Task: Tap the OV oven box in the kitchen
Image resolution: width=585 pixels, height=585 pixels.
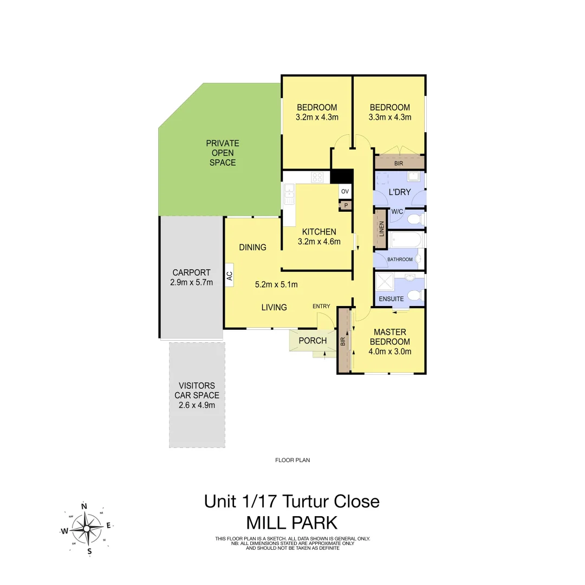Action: point(345,192)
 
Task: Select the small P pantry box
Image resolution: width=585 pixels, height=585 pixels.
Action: point(346,205)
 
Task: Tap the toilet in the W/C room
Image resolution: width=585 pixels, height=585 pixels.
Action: point(414,219)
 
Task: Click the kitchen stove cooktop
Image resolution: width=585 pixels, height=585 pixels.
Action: point(317,177)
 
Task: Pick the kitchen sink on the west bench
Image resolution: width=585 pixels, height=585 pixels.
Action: point(289,194)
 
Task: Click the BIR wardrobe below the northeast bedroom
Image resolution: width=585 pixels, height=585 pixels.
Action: point(399,162)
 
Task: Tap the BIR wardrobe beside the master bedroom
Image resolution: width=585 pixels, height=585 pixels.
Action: point(343,341)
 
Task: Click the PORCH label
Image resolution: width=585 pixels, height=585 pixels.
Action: point(313,341)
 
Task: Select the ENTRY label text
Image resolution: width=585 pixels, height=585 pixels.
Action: point(321,307)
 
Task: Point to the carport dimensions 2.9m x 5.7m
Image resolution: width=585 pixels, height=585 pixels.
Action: point(191,282)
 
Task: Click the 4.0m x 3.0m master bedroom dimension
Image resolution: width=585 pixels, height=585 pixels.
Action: point(389,351)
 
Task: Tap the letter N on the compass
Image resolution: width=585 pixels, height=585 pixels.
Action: point(84,506)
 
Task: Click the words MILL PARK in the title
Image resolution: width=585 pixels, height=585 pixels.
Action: point(292,523)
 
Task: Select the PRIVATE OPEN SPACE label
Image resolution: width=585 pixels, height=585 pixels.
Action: point(222,153)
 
